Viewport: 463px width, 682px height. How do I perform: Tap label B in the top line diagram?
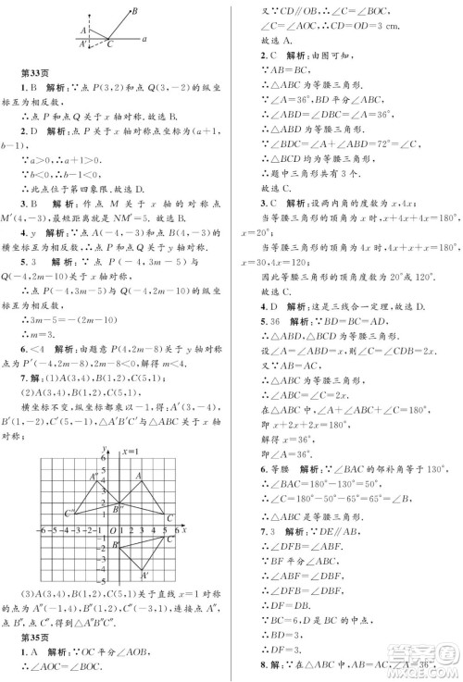click(x=134, y=10)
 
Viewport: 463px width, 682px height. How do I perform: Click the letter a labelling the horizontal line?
click(x=145, y=39)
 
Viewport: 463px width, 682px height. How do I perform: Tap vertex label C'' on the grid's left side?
click(x=69, y=511)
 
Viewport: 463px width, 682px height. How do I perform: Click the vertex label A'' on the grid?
click(x=94, y=477)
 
